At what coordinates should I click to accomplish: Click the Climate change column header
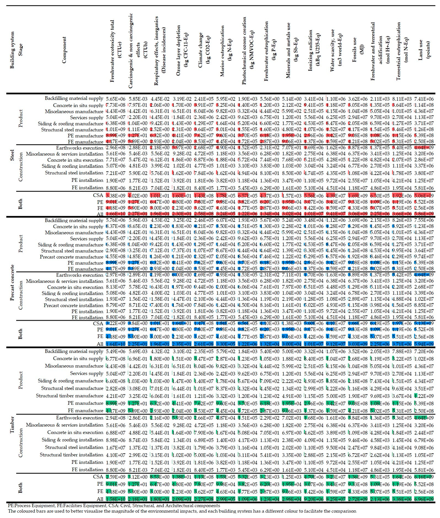coord(203,50)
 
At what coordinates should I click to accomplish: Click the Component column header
coord(64,50)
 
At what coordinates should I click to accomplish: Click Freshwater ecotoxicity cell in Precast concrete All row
coord(115,344)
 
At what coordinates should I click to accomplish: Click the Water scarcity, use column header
coord(335,50)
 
